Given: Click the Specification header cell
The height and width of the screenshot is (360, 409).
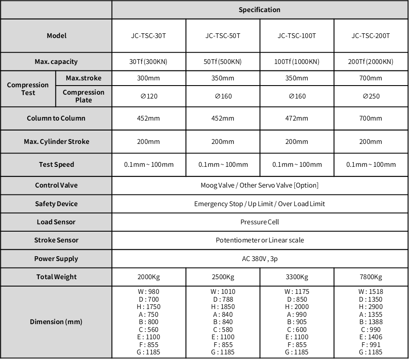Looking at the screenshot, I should [259, 10].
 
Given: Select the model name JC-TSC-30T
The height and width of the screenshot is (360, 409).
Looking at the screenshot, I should [148, 36].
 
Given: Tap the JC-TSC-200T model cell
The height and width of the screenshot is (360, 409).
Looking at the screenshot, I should [371, 36].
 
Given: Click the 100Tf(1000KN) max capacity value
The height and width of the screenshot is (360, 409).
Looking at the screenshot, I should [297, 62].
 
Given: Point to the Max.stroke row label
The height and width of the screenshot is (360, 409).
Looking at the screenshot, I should [83, 78].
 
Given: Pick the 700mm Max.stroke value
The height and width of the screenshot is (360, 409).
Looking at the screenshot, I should [371, 78].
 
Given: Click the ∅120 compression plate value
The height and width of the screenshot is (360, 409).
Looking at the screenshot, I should [149, 96].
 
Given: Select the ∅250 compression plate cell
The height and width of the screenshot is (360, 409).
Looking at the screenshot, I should [371, 96].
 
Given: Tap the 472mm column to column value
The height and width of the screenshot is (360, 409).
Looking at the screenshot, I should [297, 118].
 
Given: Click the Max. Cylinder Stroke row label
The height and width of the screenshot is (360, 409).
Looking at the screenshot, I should [57, 142].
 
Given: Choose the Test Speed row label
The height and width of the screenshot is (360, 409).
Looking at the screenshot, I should [57, 165].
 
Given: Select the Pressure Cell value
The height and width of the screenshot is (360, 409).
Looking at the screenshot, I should [259, 222].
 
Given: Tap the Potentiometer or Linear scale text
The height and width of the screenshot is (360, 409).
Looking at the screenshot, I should [259, 240].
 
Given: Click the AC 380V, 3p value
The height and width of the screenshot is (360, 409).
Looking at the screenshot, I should [259, 259].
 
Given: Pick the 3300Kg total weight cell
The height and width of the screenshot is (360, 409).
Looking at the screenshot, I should [297, 277].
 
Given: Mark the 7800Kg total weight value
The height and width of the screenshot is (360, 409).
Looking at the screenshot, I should [371, 277].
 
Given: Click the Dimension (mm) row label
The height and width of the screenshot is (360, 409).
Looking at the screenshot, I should [56, 322].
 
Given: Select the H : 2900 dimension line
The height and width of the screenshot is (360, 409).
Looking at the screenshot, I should [371, 307].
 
